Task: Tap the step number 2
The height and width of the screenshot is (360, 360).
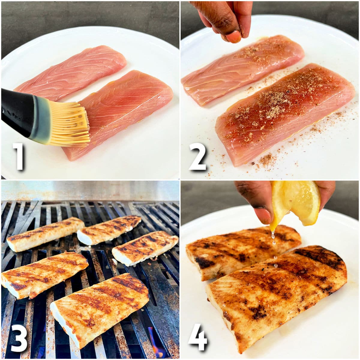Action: pos(198,156)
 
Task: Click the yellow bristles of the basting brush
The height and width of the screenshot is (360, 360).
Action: pos(72,123)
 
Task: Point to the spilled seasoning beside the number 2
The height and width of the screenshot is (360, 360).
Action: pos(264,159)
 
